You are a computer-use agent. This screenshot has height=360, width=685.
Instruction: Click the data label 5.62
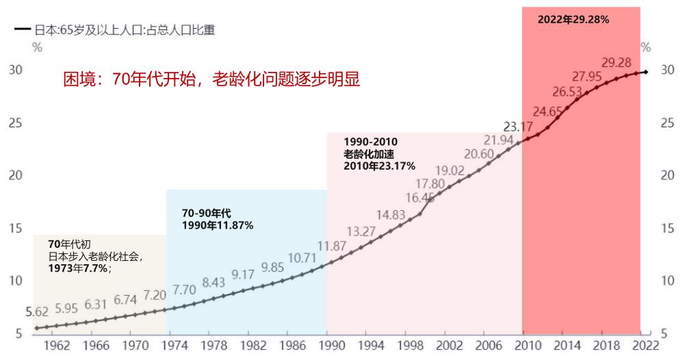click(37, 312)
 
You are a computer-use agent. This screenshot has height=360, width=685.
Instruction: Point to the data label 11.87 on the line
click(331, 246)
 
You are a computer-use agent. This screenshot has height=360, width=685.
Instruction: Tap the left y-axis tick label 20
click(15, 175)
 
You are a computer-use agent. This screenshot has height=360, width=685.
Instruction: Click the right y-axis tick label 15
click(668, 229)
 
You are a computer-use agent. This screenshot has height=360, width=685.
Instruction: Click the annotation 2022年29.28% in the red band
click(573, 20)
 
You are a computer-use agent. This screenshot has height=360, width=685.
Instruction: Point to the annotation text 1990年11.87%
click(218, 225)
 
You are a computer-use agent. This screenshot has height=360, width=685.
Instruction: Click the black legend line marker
click(23, 30)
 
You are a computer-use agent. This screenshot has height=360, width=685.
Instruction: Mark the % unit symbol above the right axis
click(645, 48)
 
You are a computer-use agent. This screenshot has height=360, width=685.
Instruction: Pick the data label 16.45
click(419, 198)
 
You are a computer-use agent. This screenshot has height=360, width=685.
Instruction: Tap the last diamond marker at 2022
click(645, 72)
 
